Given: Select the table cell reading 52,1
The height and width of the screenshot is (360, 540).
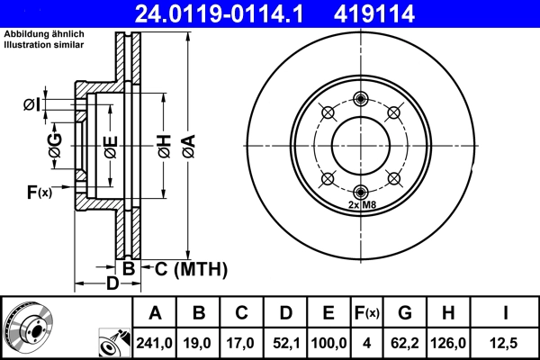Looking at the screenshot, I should click(285, 342).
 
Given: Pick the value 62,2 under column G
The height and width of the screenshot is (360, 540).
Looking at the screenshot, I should click(405, 342).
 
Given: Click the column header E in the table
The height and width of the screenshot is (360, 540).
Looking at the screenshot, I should click(328, 314).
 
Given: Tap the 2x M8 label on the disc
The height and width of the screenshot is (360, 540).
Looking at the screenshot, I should click(360, 205).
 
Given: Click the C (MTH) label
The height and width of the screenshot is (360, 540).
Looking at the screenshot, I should click(185, 268).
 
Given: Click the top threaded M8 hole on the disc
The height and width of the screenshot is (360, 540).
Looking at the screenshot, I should click(360, 99).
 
